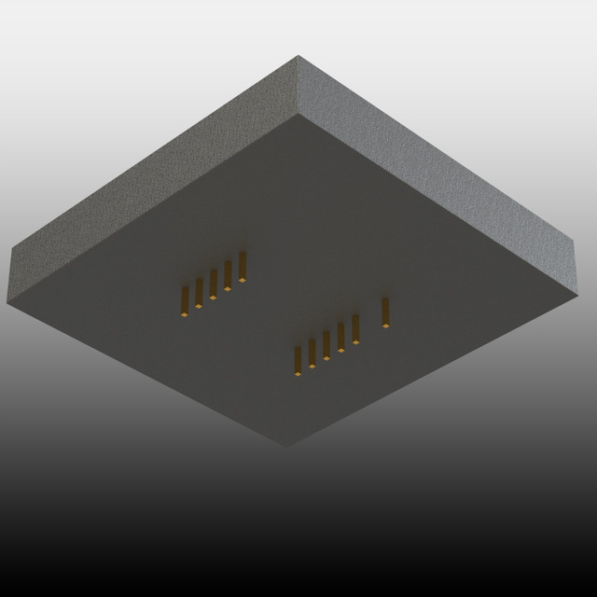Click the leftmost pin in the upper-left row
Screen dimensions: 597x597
pyautogui.click(x=185, y=301)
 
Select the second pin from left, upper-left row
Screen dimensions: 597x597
pyautogui.click(x=199, y=293)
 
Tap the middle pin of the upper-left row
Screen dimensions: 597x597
pyautogui.click(x=214, y=284)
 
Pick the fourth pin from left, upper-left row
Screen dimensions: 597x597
pyautogui.click(x=228, y=275)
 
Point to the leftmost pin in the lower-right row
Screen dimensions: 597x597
pyautogui.click(x=298, y=361)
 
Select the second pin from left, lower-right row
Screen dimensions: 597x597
pyautogui.click(x=312, y=353)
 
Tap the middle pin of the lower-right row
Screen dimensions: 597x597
pyautogui.click(x=326, y=344)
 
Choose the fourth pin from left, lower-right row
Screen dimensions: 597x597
pyautogui.click(x=340, y=336)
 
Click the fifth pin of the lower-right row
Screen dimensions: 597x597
pyautogui.click(x=355, y=328)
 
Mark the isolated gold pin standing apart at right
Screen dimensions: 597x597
pyautogui.click(x=385, y=312)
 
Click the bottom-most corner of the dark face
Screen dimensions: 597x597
pyautogui.click(x=287, y=446)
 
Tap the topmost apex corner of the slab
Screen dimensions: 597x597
pyautogui.click(x=298, y=56)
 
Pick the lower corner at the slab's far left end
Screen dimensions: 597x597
pyautogui.click(x=7, y=303)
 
